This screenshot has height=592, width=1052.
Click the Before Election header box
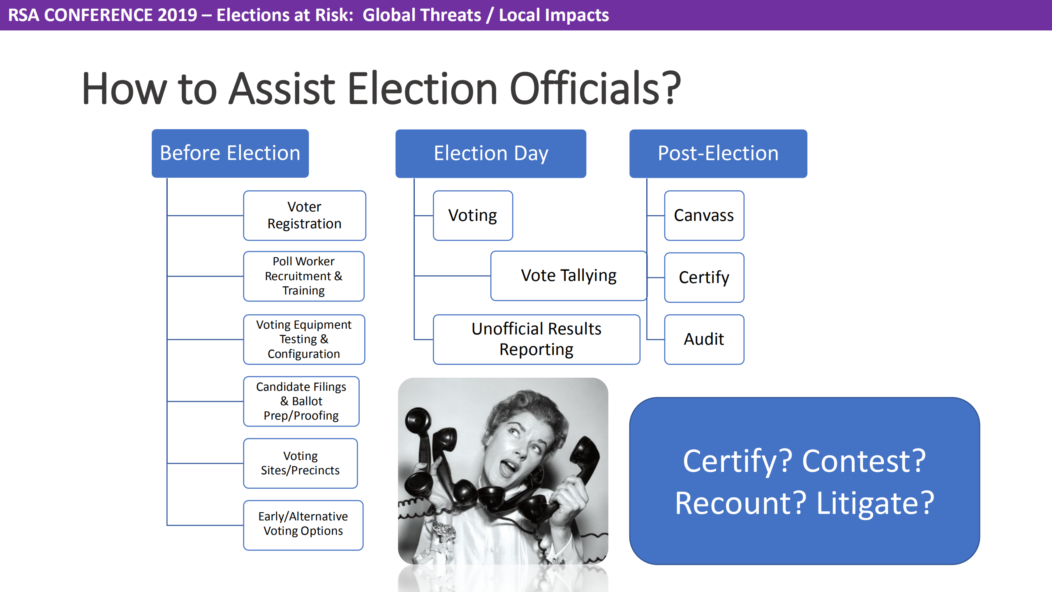tap(230, 153)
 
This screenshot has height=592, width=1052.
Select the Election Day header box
tap(490, 153)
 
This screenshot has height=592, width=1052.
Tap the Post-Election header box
tap(718, 153)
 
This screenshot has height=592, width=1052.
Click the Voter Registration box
tap(304, 215)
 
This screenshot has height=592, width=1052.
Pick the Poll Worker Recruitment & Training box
tap(303, 276)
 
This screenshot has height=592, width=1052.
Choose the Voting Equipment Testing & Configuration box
tap(304, 339)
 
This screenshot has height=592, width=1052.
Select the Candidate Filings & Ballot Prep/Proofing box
tap(301, 401)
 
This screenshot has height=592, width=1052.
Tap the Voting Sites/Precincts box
tap(300, 463)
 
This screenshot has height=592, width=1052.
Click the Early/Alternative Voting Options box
tap(303, 525)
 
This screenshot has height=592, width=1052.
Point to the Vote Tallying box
tap(569, 276)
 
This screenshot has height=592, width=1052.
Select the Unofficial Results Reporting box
tap(536, 339)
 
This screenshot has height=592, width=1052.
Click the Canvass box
tap(704, 215)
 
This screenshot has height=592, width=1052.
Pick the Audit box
tap(704, 339)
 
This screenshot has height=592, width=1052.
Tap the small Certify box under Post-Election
tap(704, 278)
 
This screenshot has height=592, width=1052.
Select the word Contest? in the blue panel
tap(863, 461)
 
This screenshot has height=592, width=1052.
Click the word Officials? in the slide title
tap(595, 88)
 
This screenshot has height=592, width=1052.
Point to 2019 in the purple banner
tap(177, 15)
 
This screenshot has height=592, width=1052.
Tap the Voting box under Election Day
tap(472, 215)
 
